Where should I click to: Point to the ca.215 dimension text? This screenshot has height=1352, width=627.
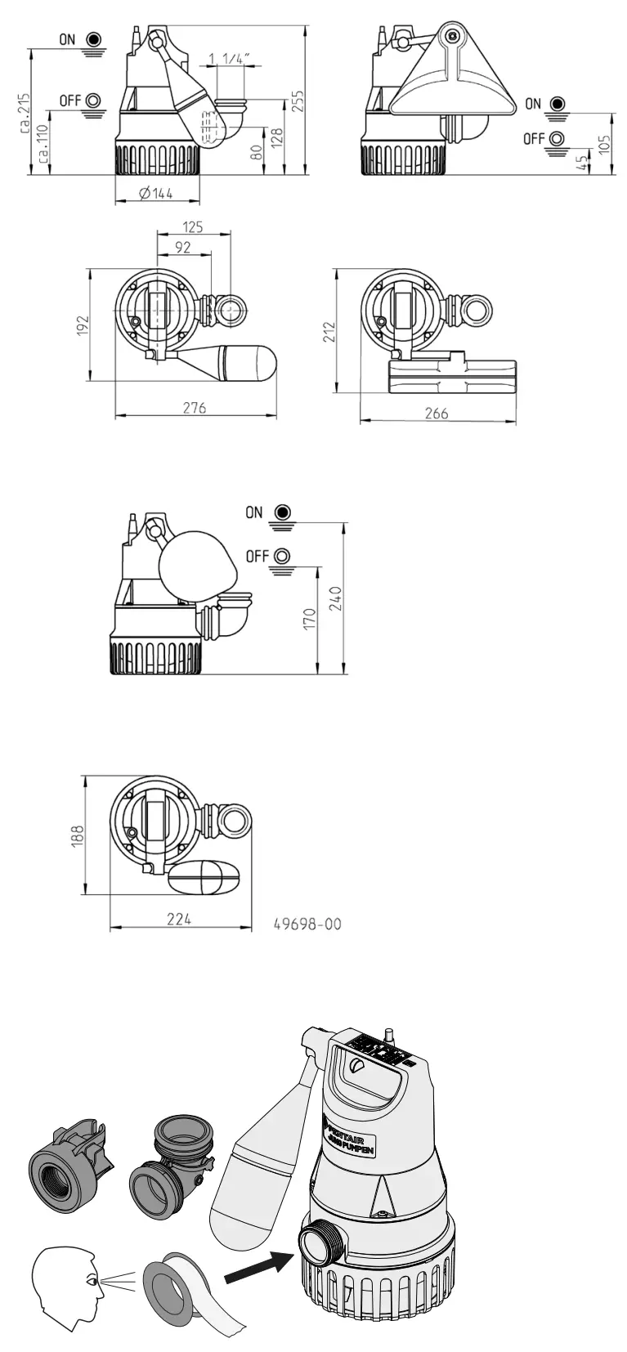tap(25, 112)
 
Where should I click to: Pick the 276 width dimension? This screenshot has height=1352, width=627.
tap(194, 407)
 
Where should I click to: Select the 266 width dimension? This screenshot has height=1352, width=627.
tap(437, 414)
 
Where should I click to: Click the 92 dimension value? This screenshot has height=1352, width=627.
tap(183, 247)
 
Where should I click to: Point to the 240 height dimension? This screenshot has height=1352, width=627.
tap(336, 599)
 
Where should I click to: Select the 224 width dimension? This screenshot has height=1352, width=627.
tap(178, 919)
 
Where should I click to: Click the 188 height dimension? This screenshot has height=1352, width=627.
tap(78, 836)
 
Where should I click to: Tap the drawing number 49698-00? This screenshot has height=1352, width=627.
tap(307, 924)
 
